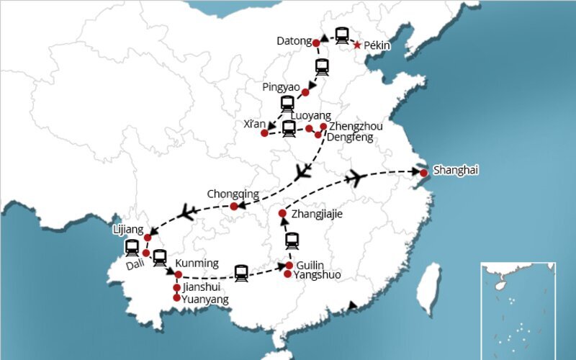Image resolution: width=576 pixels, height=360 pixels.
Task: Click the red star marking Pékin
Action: [x=357, y=45]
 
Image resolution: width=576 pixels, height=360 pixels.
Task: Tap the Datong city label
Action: [x=294, y=41]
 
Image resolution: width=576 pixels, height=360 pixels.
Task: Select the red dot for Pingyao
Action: [x=305, y=92]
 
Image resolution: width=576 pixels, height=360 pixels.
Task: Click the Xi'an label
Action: [x=255, y=125]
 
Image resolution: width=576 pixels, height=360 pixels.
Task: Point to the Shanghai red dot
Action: [x=424, y=173]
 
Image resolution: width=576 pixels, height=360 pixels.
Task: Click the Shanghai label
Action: [x=455, y=171]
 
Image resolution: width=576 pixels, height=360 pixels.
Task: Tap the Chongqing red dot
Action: [x=234, y=207]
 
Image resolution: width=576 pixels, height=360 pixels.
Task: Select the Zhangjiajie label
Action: [x=316, y=214]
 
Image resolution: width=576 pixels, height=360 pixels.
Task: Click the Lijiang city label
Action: [x=129, y=229]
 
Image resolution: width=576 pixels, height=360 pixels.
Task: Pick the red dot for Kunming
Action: [x=178, y=274]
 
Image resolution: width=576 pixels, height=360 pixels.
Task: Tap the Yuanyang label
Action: [x=205, y=299]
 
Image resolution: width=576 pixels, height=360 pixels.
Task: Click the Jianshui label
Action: [x=202, y=287]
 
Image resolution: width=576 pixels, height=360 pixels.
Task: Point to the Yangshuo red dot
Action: [x=288, y=274]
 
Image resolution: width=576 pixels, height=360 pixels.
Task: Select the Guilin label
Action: [x=310, y=264]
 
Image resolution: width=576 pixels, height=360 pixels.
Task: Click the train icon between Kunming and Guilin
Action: [x=241, y=272]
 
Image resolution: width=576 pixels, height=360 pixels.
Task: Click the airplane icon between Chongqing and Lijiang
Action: [x=188, y=212]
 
